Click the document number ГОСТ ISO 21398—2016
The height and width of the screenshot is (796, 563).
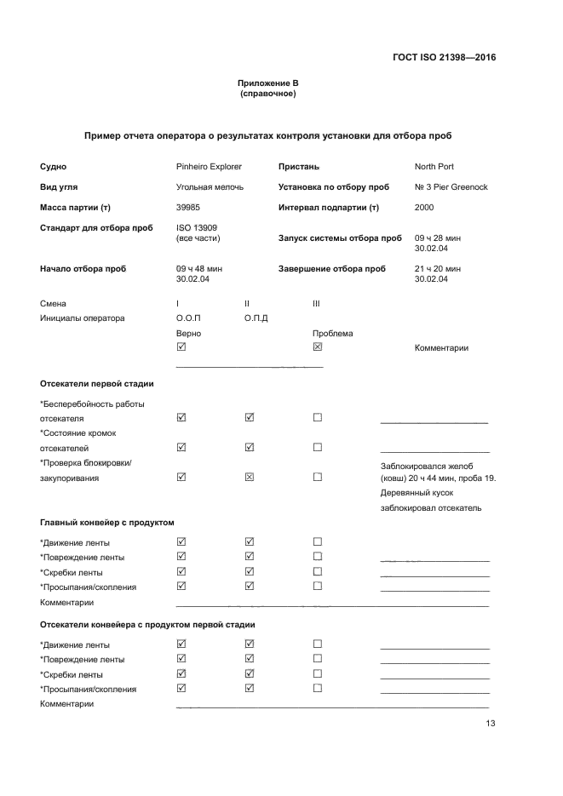click(444, 58)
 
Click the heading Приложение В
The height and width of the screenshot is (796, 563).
click(268, 83)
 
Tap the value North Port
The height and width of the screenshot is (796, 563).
click(434, 167)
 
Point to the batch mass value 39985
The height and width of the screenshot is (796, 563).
click(188, 208)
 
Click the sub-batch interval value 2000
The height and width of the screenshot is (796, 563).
click(424, 208)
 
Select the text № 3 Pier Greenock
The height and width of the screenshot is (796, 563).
click(451, 187)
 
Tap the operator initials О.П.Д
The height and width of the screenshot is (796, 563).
click(256, 318)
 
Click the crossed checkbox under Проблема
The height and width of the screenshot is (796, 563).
click(318, 347)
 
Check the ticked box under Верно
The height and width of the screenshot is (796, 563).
click(181, 347)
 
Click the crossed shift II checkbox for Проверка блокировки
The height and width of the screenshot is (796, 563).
click(250, 477)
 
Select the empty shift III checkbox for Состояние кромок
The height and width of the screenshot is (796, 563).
click(318, 447)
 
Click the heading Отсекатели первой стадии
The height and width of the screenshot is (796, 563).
click(97, 384)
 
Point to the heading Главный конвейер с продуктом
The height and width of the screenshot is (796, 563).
click(107, 523)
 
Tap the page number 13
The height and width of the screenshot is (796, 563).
click(490, 724)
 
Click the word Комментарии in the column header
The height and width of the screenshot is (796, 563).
click(441, 348)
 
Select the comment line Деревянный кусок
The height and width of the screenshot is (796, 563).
click(417, 493)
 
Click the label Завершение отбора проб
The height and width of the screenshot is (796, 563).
click(331, 269)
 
